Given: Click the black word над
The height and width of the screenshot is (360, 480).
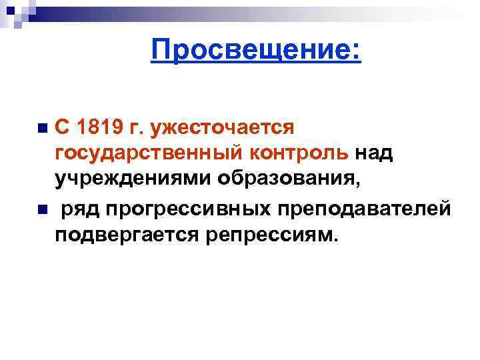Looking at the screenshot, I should [x=373, y=153].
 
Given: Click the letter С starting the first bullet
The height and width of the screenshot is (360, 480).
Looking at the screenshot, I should [x=62, y=127].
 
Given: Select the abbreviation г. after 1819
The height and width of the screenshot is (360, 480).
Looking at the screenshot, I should [x=144, y=127].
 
